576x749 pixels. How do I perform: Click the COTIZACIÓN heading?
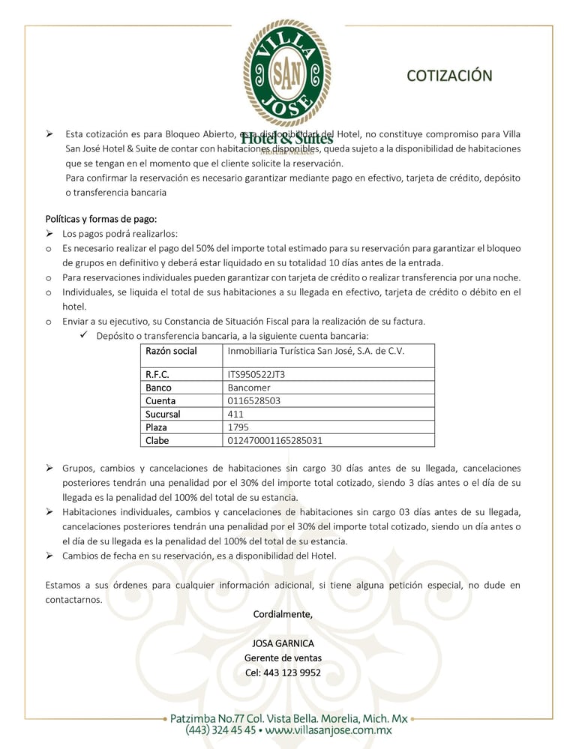coord(449,76)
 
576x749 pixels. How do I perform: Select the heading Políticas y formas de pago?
coord(101,219)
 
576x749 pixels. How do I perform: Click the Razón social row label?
coord(171,351)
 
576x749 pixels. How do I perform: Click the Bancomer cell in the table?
coord(249,388)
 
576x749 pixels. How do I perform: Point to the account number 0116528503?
coord(253,401)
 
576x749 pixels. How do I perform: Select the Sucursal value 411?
coord(236,414)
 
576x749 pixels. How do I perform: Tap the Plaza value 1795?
coord(238,427)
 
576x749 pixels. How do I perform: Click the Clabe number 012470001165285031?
coord(274,440)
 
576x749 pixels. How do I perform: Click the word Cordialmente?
coord(283,614)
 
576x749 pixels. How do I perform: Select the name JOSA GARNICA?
coord(283,643)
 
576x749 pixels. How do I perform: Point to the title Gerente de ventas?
coord(283,658)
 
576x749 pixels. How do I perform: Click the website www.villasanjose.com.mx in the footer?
coord(328,730)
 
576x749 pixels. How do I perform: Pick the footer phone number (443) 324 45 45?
coord(221,730)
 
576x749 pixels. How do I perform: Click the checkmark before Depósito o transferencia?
coord(85,336)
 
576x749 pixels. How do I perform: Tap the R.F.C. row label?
coord(157,374)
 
